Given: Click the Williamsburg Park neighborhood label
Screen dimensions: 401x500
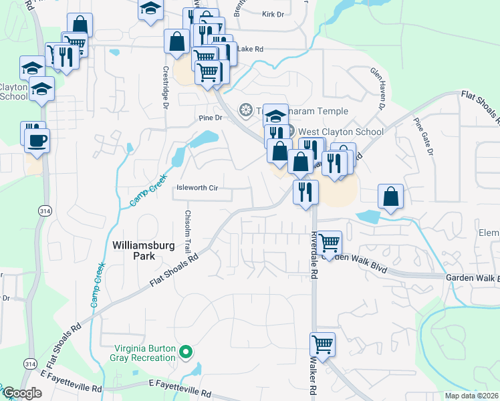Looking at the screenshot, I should point(134,250).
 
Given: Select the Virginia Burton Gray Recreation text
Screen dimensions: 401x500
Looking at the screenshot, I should point(144,354).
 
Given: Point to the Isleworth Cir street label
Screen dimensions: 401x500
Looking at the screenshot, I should point(197,188).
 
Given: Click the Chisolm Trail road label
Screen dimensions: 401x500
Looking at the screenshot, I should point(188,231).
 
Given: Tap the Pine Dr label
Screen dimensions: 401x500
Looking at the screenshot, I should point(209,118).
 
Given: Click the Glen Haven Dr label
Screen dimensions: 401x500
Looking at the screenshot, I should point(378,88).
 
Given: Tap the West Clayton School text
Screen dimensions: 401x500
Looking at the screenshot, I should point(340,132).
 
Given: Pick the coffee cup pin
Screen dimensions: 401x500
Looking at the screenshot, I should point(37,140).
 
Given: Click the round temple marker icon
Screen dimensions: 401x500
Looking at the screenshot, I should point(245,110).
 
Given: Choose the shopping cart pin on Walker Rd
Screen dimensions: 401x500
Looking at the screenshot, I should point(322,344).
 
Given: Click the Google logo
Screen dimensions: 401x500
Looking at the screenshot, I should point(23,393).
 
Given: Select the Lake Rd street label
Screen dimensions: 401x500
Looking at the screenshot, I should point(251,49).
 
